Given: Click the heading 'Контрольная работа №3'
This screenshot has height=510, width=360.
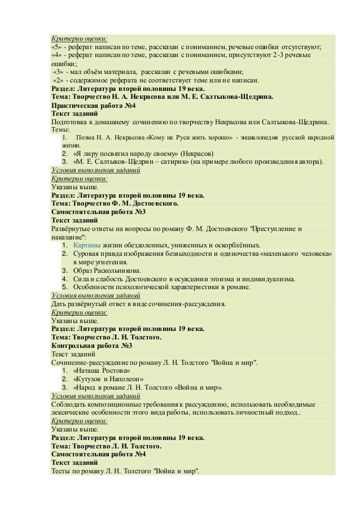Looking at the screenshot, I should click(x=91, y=346).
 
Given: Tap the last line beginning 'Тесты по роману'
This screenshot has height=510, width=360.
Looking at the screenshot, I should click(x=125, y=472).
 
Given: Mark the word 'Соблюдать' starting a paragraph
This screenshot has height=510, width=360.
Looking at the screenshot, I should click(x=69, y=404).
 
